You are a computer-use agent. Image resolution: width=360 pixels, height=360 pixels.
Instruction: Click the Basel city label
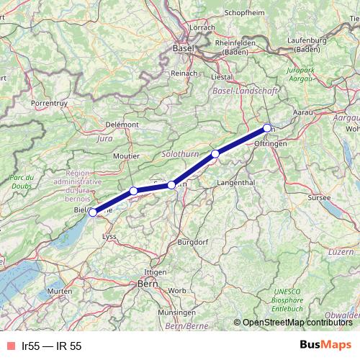click(184, 48)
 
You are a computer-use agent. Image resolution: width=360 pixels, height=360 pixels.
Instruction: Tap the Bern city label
click(148, 284)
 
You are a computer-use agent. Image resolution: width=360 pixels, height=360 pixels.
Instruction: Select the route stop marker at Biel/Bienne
click(92, 212)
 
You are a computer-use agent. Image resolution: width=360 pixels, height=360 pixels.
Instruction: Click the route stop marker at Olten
click(267, 128)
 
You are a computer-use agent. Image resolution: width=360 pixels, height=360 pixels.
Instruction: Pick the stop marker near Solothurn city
click(171, 185)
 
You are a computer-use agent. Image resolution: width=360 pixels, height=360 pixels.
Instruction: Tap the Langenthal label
click(235, 183)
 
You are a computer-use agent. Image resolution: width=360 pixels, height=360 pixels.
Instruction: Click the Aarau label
click(305, 113)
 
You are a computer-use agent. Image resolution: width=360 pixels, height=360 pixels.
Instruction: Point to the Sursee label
click(318, 197)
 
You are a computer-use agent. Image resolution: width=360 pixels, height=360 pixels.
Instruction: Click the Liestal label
click(221, 76)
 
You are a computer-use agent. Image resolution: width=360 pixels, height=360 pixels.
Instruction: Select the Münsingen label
click(177, 313)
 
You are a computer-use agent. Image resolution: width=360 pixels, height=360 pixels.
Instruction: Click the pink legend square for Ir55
click(9, 346)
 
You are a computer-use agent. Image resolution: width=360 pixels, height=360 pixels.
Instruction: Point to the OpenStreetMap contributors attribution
click(297, 322)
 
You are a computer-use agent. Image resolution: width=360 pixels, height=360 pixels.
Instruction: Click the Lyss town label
click(109, 235)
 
